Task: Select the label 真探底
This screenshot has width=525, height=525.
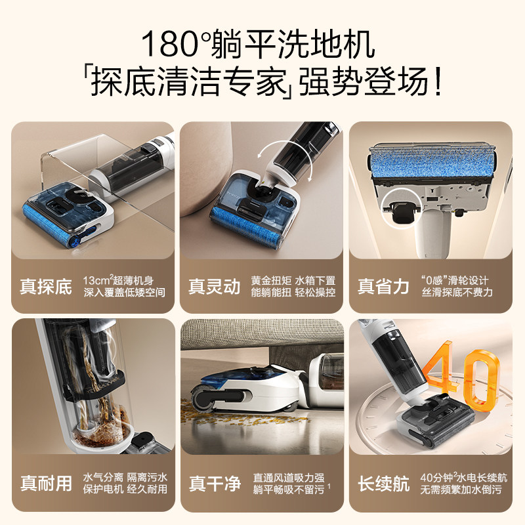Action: (46, 287)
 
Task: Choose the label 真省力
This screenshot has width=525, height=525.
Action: (383, 287)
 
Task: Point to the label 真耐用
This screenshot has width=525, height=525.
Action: (46, 484)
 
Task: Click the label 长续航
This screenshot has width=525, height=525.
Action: (383, 484)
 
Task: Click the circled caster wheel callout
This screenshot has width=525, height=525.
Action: (402, 209)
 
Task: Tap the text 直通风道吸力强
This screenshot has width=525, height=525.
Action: (288, 476)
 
